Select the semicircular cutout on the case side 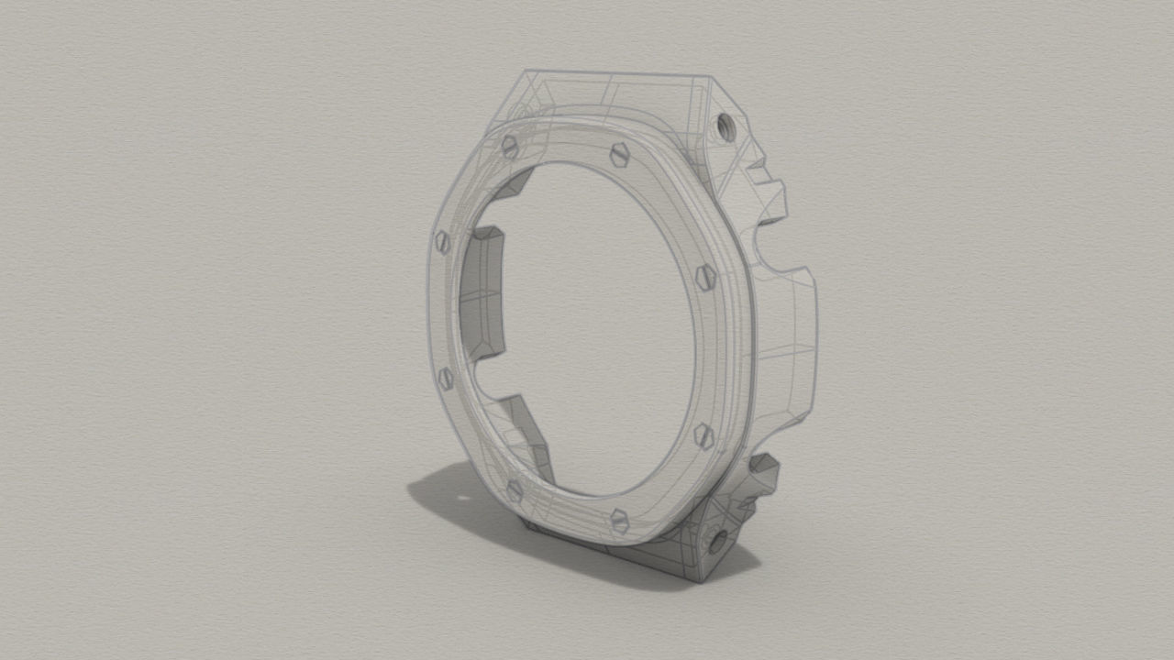[x=769, y=247]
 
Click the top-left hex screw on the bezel [x=510, y=145]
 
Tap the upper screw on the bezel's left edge [x=442, y=242]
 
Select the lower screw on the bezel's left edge [x=446, y=378]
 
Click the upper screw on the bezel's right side [x=705, y=275]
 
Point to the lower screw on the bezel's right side [x=703, y=434]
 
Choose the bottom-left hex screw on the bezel [x=515, y=490]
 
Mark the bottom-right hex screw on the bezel [x=619, y=522]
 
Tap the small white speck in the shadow [x=460, y=500]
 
